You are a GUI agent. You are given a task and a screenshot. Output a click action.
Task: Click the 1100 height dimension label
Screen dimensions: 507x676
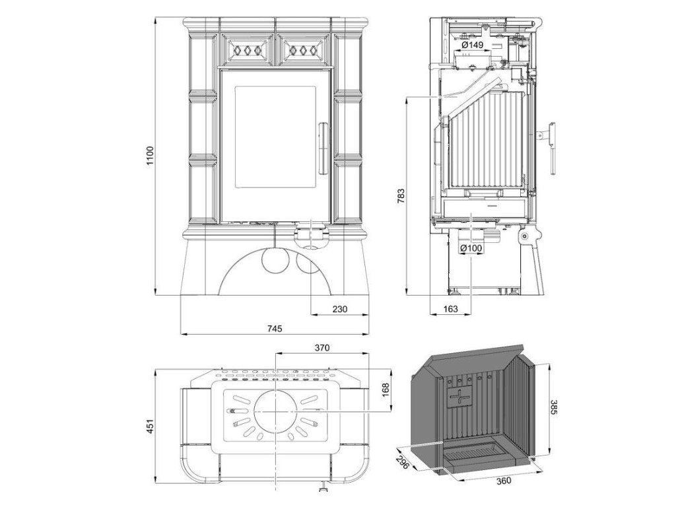coord(150,155)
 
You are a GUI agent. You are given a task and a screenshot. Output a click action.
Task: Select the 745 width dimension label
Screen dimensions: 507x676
coord(275,328)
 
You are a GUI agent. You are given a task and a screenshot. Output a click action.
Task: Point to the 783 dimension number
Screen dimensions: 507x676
coord(401,195)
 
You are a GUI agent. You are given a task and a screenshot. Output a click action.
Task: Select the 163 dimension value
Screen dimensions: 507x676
coord(450,308)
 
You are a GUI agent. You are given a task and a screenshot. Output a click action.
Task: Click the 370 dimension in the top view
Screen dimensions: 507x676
coord(322,347)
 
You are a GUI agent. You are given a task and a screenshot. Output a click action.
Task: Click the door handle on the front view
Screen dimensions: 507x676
coord(322,147)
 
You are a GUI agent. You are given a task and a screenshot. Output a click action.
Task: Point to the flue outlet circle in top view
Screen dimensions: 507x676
coord(273,411)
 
